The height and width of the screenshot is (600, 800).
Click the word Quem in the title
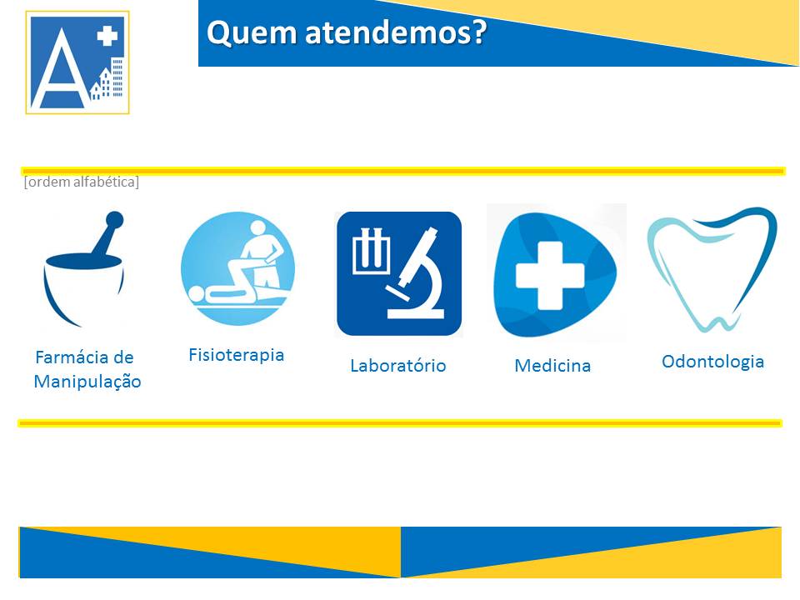coord(252,33)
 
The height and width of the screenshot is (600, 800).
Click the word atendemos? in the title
coord(396,32)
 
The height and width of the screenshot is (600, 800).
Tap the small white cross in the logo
coord(107,36)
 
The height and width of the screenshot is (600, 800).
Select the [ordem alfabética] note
coord(81,182)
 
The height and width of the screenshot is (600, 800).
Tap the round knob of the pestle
coord(114,220)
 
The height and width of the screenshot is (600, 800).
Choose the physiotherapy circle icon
coord(237,269)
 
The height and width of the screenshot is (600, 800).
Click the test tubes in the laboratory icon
coord(372,252)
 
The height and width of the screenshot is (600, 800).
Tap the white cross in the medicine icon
coord(549,276)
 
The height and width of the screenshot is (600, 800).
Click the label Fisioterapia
coord(236,355)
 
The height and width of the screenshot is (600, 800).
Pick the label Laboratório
coord(398,365)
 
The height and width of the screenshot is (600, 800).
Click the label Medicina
coord(552,365)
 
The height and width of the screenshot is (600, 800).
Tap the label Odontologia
coord(712,362)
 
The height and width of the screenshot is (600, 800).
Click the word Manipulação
coord(87,382)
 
